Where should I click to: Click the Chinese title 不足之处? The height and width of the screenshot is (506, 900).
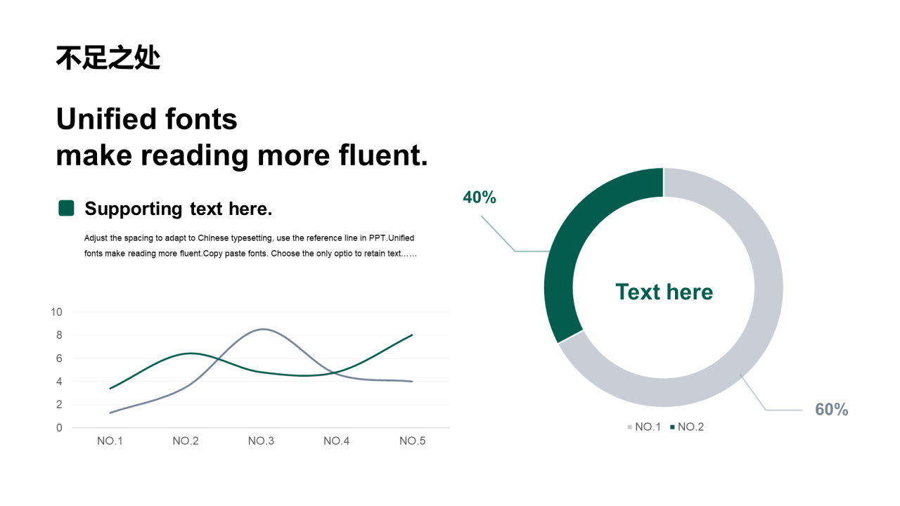pyautogui.click(x=108, y=58)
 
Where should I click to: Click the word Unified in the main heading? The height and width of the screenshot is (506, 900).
pyautogui.click(x=106, y=119)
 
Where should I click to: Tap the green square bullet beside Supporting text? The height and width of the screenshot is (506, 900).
pyautogui.click(x=66, y=208)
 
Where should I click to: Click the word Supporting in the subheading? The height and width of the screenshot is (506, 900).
pyautogui.click(x=134, y=209)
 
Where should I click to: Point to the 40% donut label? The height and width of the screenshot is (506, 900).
pyautogui.click(x=480, y=197)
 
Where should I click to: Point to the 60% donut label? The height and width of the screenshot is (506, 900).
pyautogui.click(x=831, y=410)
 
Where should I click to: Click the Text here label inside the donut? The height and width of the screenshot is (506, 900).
pyautogui.click(x=664, y=292)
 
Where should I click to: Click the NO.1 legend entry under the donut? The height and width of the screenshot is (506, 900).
pyautogui.click(x=644, y=427)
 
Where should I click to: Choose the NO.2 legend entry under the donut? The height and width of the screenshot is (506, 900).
pyautogui.click(x=687, y=427)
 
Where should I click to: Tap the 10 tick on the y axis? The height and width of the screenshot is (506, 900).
pyautogui.click(x=56, y=312)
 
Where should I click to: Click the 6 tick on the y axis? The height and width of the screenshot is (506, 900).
pyautogui.click(x=59, y=358)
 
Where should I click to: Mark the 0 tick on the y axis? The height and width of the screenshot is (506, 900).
pyautogui.click(x=59, y=428)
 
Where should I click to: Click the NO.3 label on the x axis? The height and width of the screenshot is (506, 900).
pyautogui.click(x=261, y=441)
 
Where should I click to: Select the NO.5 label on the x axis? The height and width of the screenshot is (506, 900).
pyautogui.click(x=412, y=441)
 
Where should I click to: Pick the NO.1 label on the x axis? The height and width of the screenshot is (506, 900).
pyautogui.click(x=110, y=441)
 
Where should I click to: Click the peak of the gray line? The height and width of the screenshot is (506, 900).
pyautogui.click(x=263, y=330)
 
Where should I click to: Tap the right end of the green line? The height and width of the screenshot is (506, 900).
pyautogui.click(x=412, y=335)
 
